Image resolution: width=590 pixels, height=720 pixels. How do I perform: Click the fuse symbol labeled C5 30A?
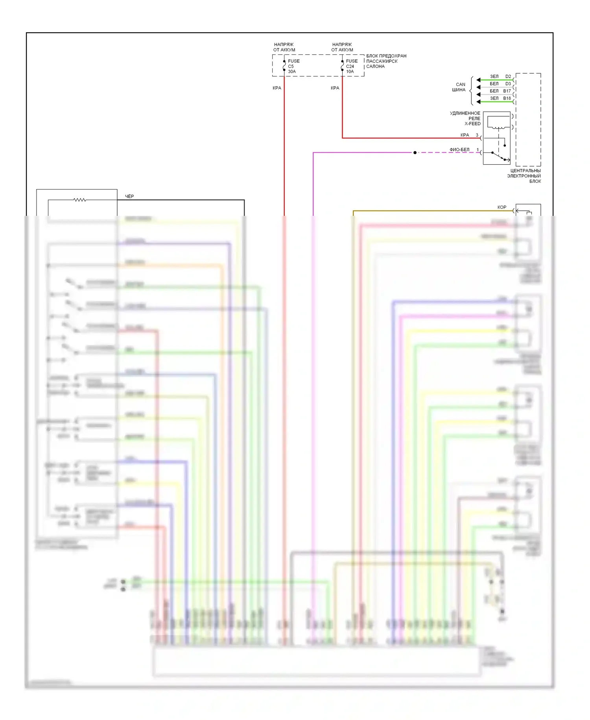click(284, 66)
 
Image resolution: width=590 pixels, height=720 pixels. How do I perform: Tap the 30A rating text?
click(292, 72)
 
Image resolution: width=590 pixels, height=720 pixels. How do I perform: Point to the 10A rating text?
click(350, 72)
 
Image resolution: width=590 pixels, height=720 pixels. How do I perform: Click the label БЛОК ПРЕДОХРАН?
click(386, 56)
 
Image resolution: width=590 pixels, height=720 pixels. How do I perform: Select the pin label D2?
click(508, 76)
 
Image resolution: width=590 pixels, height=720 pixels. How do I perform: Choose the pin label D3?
click(508, 84)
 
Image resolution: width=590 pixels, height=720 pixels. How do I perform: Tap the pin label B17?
click(507, 91)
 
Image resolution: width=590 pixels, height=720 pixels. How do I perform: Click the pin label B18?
click(507, 98)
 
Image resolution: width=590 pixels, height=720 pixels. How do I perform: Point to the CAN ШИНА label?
click(459, 87)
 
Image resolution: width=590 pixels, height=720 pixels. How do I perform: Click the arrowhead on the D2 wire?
click(478, 80)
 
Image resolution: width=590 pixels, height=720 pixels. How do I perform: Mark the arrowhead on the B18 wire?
click(478, 102)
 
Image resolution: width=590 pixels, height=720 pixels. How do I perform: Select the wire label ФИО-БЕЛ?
click(459, 150)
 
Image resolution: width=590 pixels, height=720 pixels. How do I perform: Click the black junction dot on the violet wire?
click(415, 152)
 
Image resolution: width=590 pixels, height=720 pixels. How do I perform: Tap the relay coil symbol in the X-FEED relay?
click(498, 127)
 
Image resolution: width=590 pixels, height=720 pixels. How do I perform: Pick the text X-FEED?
click(472, 124)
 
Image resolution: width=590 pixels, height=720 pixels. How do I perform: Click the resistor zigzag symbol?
click(80, 200)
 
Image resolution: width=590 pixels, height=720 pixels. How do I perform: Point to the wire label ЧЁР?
click(129, 196)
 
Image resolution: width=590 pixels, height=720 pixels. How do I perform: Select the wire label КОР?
click(502, 207)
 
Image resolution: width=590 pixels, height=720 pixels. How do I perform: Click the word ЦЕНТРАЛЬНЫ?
click(525, 171)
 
